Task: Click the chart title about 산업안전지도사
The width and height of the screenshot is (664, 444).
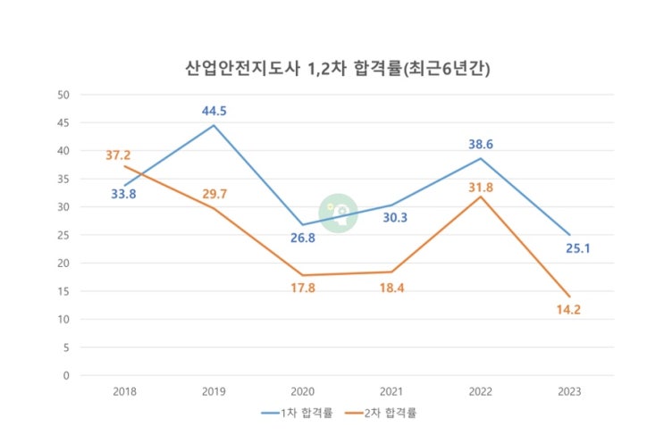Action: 332,67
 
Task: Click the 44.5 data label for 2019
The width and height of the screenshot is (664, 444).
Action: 214,111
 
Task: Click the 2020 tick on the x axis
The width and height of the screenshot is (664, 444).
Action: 302,390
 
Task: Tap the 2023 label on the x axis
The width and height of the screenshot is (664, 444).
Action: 568,390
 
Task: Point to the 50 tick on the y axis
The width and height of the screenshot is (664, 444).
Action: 63,95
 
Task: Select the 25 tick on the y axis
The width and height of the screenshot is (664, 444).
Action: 63,235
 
